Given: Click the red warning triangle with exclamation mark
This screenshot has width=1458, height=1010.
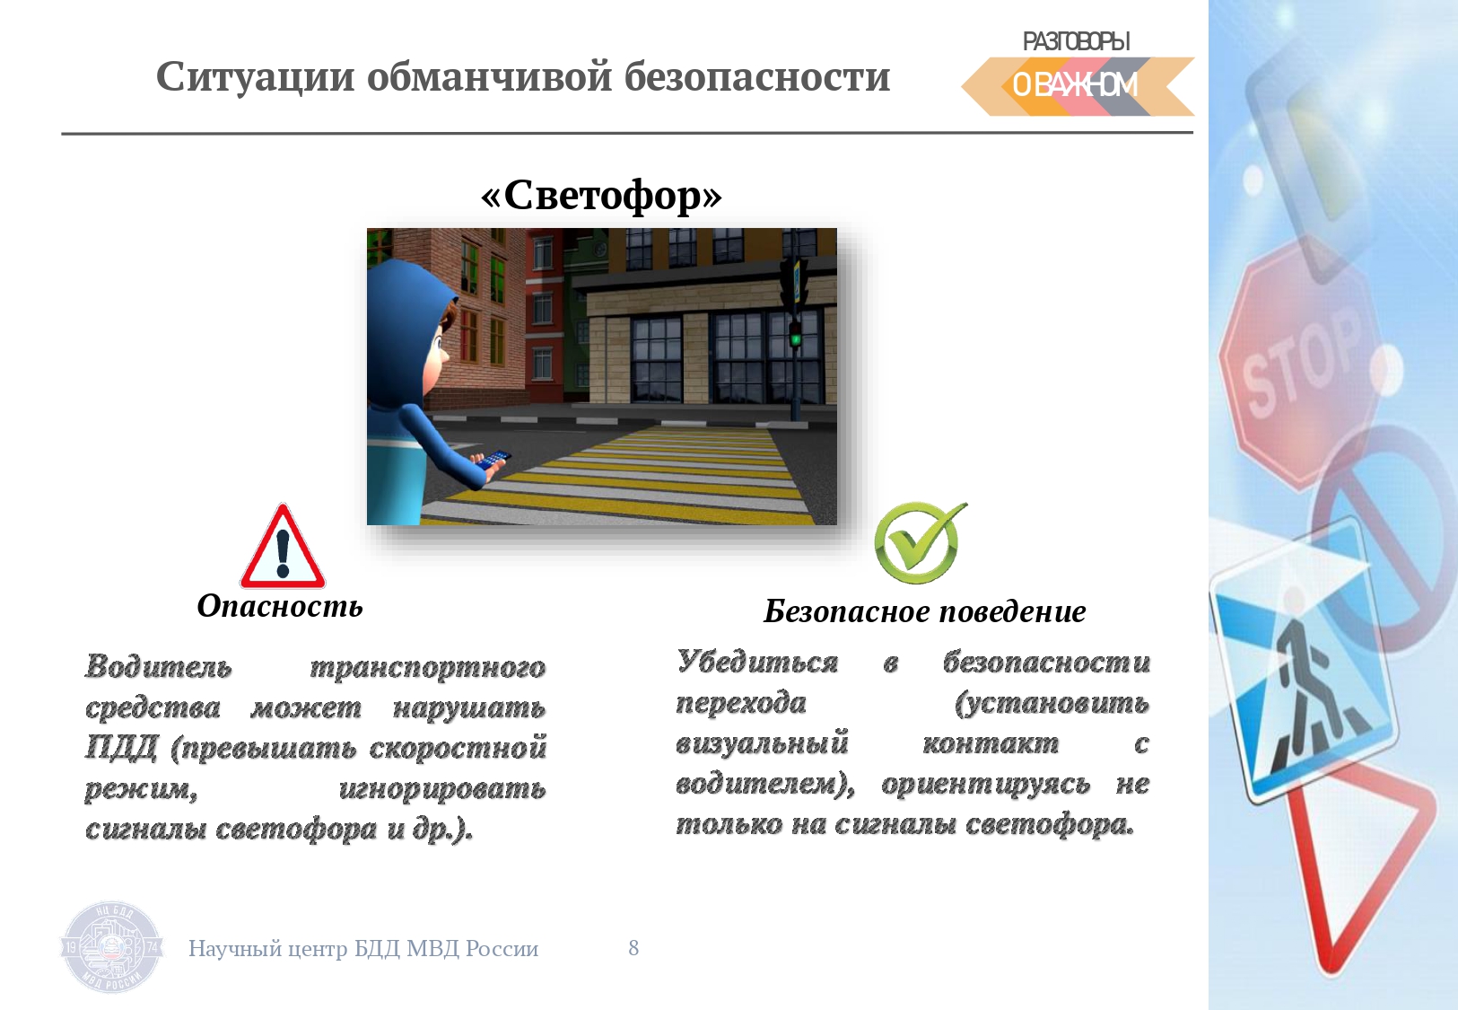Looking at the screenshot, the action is point(283,547).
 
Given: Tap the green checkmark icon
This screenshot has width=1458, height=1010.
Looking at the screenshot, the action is point(919,541).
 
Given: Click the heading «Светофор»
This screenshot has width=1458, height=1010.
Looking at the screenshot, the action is point(601,195).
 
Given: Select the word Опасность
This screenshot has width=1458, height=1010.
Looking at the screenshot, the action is point(280,606).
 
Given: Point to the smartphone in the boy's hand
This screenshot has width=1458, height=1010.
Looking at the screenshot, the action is point(493,458).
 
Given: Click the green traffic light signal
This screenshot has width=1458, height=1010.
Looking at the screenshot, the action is point(795,338).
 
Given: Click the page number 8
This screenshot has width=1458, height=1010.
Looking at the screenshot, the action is point(633,947).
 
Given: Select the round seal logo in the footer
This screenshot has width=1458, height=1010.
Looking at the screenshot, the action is point(111,947).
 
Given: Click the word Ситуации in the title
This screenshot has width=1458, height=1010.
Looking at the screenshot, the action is point(256,77).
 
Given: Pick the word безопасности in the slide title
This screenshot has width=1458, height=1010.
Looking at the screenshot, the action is point(757,77).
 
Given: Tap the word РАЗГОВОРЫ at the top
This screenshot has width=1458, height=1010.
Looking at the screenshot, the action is point(1076,41).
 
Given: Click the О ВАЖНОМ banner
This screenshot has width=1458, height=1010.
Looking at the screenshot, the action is point(1078,86).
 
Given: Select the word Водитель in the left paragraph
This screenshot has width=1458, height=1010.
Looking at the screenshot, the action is point(158,666).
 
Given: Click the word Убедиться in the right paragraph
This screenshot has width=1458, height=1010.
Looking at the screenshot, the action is point(757,662).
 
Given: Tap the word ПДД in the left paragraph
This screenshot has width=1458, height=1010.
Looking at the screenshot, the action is point(121,748).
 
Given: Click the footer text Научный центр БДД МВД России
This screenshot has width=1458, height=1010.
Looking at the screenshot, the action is point(363,948).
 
